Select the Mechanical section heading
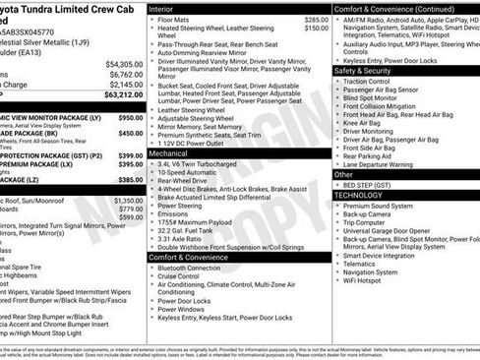(170, 153)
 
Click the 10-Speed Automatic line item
(190, 172)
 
